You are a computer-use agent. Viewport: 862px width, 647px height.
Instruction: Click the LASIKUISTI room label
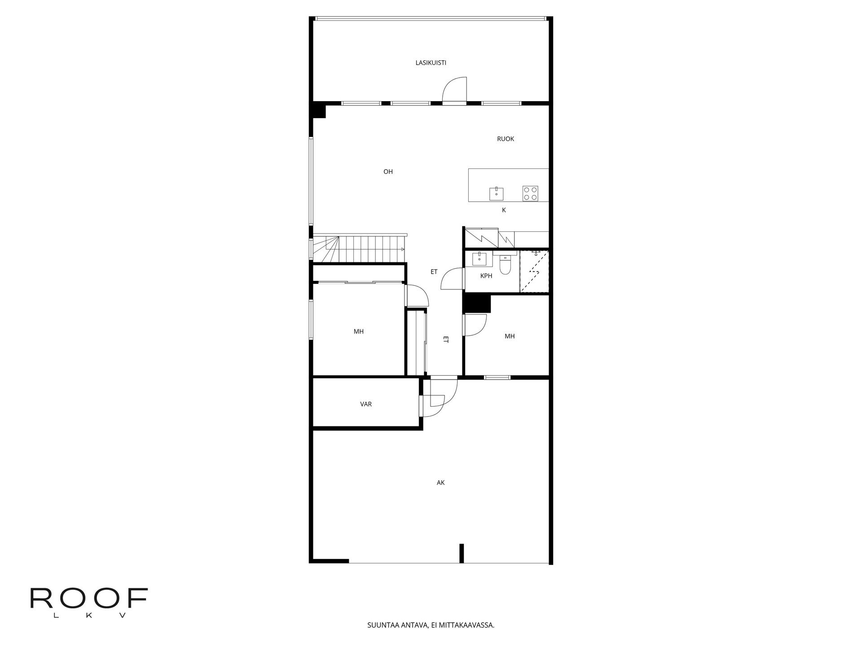click(431, 63)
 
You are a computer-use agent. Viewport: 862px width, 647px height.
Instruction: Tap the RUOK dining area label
click(506, 139)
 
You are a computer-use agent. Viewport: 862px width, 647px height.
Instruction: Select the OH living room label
click(388, 172)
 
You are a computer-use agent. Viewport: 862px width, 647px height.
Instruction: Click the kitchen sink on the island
click(496, 194)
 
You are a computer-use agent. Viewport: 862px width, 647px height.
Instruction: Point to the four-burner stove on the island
click(530, 193)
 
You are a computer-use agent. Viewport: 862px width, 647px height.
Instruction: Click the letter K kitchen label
click(504, 210)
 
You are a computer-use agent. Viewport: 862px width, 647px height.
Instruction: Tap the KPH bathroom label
click(486, 276)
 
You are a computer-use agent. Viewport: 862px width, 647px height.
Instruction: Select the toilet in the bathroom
click(506, 263)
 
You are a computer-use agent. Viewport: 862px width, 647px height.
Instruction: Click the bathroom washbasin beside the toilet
click(479, 258)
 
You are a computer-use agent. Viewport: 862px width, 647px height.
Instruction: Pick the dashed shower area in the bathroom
click(534, 272)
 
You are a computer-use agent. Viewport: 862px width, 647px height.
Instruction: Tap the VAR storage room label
click(366, 404)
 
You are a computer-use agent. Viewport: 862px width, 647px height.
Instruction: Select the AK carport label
click(440, 483)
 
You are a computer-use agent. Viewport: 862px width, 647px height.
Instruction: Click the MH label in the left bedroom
click(358, 332)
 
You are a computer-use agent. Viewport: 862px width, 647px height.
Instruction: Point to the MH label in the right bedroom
click(510, 336)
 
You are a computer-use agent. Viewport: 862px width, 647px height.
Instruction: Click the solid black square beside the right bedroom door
click(477, 303)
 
